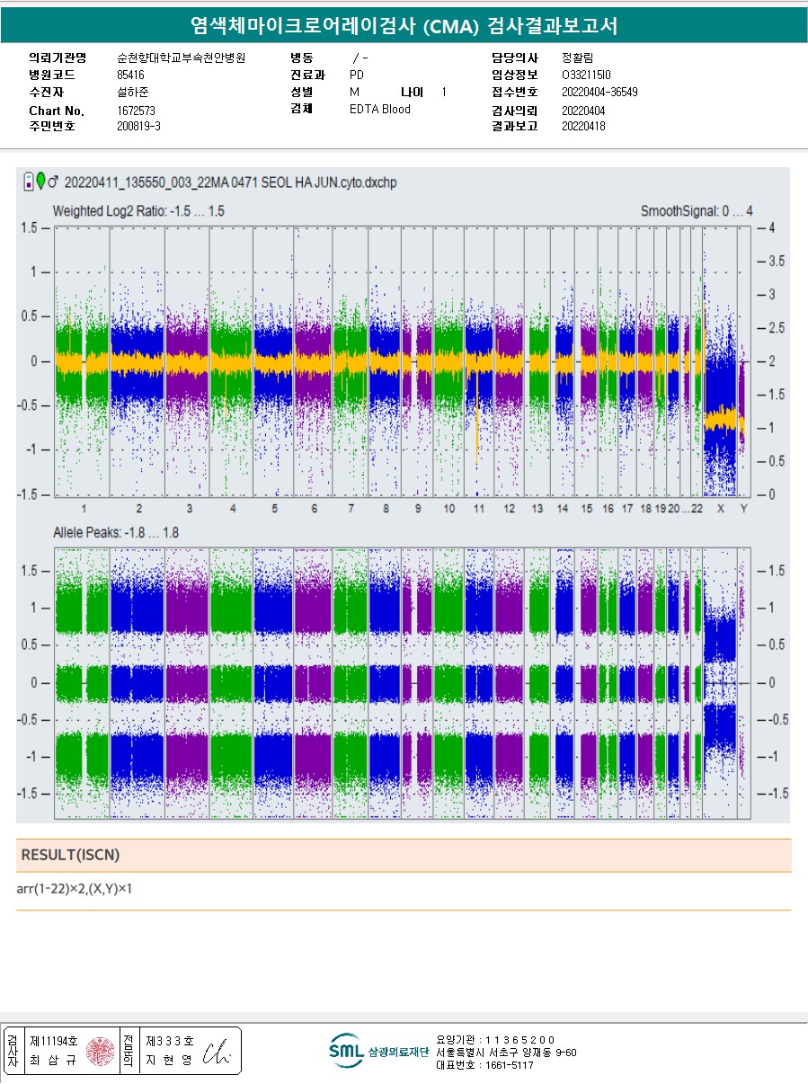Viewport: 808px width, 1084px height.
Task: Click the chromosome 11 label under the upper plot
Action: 479,510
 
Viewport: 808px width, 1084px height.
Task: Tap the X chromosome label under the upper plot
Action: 720,510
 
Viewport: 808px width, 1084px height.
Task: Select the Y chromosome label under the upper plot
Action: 743,510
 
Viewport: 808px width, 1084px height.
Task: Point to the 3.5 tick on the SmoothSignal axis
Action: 771,262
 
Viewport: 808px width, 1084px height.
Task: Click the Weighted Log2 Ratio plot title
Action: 138,211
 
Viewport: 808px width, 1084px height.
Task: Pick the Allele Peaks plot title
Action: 115,533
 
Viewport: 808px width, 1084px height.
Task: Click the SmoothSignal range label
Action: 697,211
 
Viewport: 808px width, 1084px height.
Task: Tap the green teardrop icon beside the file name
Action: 40,181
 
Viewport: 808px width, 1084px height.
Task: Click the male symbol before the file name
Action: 53,182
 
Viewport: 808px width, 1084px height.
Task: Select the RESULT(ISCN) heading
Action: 70,854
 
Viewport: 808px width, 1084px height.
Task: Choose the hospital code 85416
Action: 130,75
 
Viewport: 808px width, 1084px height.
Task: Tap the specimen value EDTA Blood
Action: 379,110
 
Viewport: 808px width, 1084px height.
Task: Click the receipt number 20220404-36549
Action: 599,92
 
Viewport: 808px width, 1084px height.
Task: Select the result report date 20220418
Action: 583,127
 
